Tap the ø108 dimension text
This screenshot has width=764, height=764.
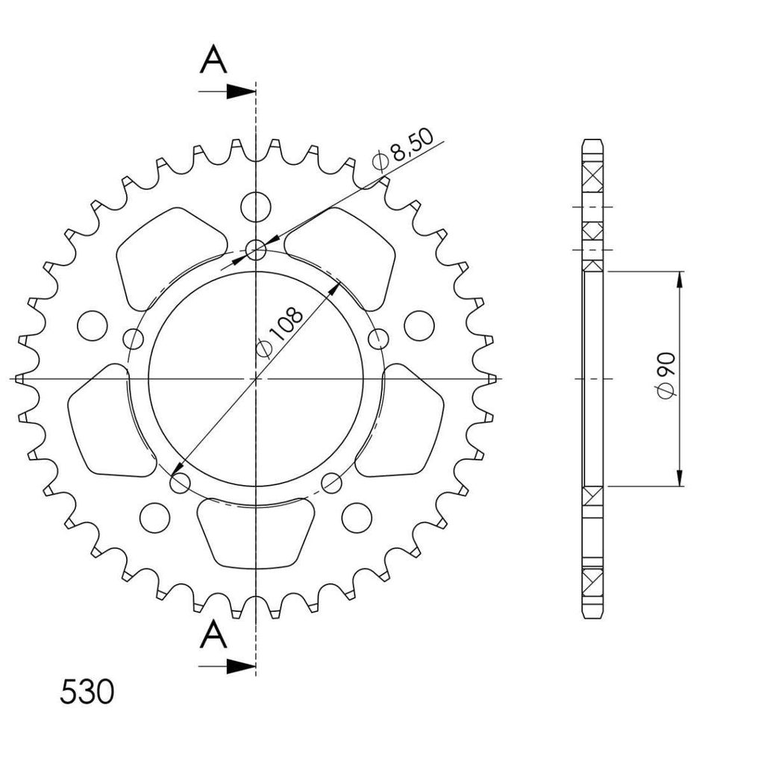279,332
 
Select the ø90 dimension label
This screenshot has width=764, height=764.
666,376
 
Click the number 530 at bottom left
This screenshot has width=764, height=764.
87,692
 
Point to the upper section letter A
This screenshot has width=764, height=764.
213,59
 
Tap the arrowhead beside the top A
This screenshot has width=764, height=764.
241,91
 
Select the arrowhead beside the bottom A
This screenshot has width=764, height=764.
241,666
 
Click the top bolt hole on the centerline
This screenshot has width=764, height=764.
256,251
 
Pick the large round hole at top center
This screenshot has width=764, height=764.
256,207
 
